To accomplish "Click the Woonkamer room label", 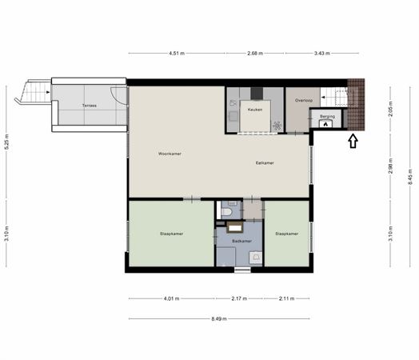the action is click(170, 154).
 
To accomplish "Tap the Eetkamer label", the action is click(265, 162).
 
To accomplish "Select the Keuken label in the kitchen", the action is click(254, 110).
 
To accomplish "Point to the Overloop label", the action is click(304, 101).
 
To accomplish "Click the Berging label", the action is click(327, 117).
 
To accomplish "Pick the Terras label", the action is click(90, 106).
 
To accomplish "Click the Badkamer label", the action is click(241, 241).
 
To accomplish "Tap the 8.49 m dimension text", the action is click(219, 318).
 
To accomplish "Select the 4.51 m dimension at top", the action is click(177, 53).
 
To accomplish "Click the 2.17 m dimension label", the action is click(239, 298).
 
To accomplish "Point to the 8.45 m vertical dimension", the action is click(410, 177).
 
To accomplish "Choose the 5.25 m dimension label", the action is click(6, 145).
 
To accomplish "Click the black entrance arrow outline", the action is click(353, 141).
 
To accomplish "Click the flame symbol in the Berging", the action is click(325, 124).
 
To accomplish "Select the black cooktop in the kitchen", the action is click(257, 94).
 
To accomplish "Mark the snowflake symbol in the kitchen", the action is click(277, 126).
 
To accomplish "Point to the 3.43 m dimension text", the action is click(321, 53).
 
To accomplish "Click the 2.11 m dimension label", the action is click(287, 298).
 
